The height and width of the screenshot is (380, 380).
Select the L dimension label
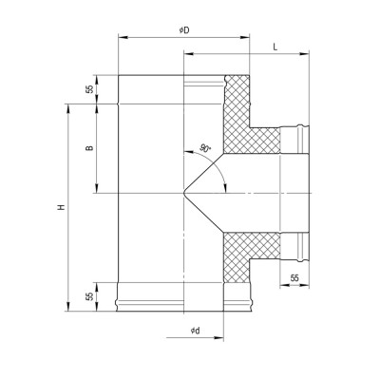coord(274,46)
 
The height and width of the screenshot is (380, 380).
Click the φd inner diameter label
coord(193,329)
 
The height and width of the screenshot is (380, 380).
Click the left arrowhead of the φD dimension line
coord(121,38)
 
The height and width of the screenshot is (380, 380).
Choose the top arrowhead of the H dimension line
coord(69,106)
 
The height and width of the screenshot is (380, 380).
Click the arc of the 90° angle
coord(220,171)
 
